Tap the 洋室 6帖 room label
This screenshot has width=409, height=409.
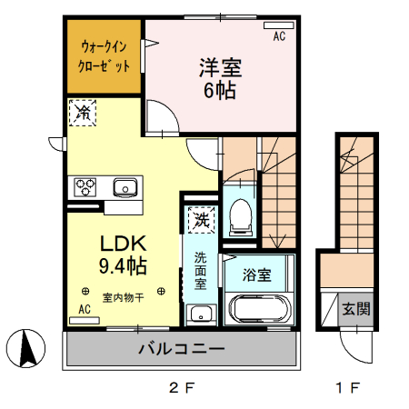(x=219, y=78)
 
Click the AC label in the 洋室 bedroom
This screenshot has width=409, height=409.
(x=279, y=36)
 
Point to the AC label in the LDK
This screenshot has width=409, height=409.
(x=85, y=309)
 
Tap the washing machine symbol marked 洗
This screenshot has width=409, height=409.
(x=199, y=220)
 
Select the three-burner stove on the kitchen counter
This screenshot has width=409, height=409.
(x=86, y=188)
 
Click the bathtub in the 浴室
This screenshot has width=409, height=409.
(x=259, y=309)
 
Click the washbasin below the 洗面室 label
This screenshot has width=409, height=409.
(x=199, y=315)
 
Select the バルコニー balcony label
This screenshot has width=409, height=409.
(x=181, y=348)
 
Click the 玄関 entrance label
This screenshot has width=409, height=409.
(x=355, y=309)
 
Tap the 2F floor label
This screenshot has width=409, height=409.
(x=181, y=389)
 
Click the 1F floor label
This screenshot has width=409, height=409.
(x=346, y=389)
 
